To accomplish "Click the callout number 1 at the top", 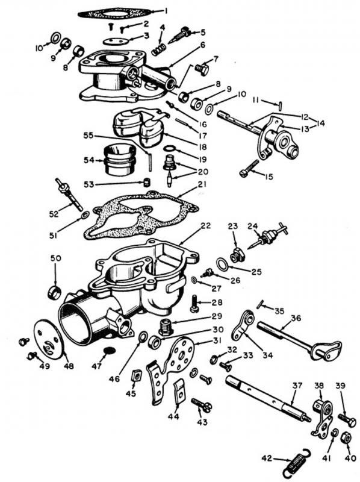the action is coord(166,11).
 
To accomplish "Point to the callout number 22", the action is coord(205,226).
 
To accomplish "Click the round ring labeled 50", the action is coord(54,292).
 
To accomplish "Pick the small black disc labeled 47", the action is coord(110,350).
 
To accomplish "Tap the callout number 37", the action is coord(297,386).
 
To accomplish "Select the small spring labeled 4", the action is coord(158,49).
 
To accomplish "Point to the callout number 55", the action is coord(88,136).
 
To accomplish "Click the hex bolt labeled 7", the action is coord(202,69).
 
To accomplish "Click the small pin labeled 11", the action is coord(281,105).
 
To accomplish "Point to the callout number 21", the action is coord(202,185).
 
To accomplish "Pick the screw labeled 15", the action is coord(249,169).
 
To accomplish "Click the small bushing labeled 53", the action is coord(147,182).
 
